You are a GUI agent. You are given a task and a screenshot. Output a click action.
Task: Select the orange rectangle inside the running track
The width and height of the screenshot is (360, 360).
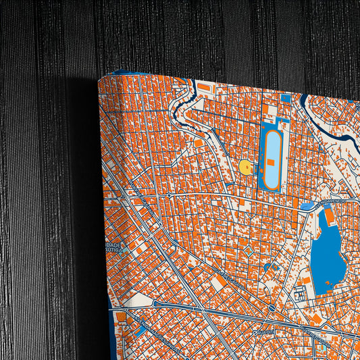point(270,162)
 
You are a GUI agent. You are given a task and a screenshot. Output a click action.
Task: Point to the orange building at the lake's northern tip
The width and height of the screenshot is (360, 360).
point(329,217)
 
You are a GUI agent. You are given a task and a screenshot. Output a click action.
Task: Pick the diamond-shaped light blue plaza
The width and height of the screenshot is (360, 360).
point(249,251)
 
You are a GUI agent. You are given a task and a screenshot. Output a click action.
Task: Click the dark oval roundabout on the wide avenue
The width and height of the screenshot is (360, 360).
point(272,308)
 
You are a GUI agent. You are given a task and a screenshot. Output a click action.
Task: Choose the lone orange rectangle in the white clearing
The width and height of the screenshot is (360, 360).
point(199,143)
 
